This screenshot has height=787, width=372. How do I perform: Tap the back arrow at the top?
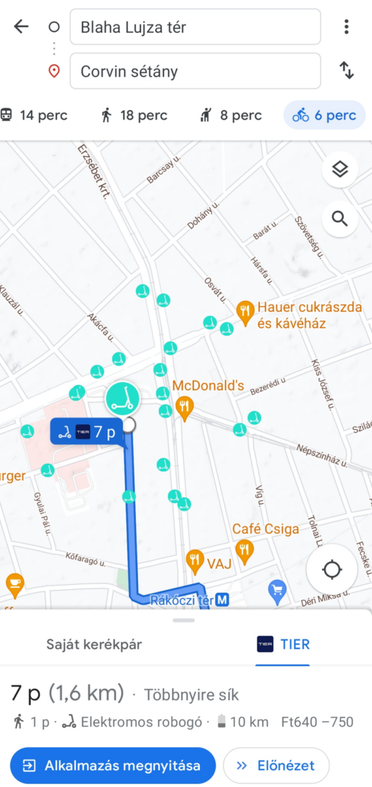[x=21, y=27]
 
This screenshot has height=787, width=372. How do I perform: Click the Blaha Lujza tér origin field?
[x=195, y=27]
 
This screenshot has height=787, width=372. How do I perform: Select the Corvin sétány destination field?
[x=195, y=71]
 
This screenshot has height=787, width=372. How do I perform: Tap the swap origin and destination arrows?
[x=346, y=70]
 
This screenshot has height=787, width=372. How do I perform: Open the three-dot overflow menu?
[x=346, y=27]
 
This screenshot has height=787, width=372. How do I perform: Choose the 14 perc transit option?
[x=34, y=115]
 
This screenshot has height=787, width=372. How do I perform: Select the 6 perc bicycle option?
[x=325, y=115]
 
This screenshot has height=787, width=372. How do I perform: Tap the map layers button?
[x=339, y=170]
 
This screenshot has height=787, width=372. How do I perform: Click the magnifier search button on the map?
[x=339, y=218]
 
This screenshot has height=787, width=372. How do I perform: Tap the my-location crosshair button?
[x=333, y=570]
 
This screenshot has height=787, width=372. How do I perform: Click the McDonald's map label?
[x=208, y=386]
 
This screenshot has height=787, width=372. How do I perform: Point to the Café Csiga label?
[x=265, y=529]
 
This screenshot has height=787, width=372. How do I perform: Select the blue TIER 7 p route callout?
[x=87, y=432]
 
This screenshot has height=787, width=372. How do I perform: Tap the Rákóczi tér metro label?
[x=188, y=599]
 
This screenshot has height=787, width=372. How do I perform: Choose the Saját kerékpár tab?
[x=94, y=644]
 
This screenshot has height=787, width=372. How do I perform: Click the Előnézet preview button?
[x=276, y=765]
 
